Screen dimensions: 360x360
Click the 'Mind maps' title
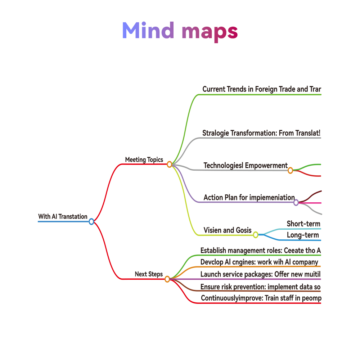pos(180,31)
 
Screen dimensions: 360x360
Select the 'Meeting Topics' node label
pos(144,159)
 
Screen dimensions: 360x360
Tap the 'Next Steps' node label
pos(149,274)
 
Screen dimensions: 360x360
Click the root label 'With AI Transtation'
pos(63,216)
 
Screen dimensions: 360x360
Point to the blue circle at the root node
pos(91,221)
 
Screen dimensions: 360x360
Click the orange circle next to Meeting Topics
pos(170,165)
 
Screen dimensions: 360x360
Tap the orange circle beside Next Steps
pos(167,279)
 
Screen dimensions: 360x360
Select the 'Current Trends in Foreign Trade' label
pos(261,89)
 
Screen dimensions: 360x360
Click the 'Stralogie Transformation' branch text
pos(261,133)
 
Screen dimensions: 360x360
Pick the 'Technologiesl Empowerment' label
pos(246,166)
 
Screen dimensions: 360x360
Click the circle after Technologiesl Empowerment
pos(290,170)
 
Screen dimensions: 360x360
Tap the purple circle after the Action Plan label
pos(296,202)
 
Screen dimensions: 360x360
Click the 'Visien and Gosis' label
pos(228,230)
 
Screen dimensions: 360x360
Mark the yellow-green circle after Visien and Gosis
pos(256,235)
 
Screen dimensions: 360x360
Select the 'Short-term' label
pos(303,224)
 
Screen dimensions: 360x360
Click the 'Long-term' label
pos(303,235)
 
